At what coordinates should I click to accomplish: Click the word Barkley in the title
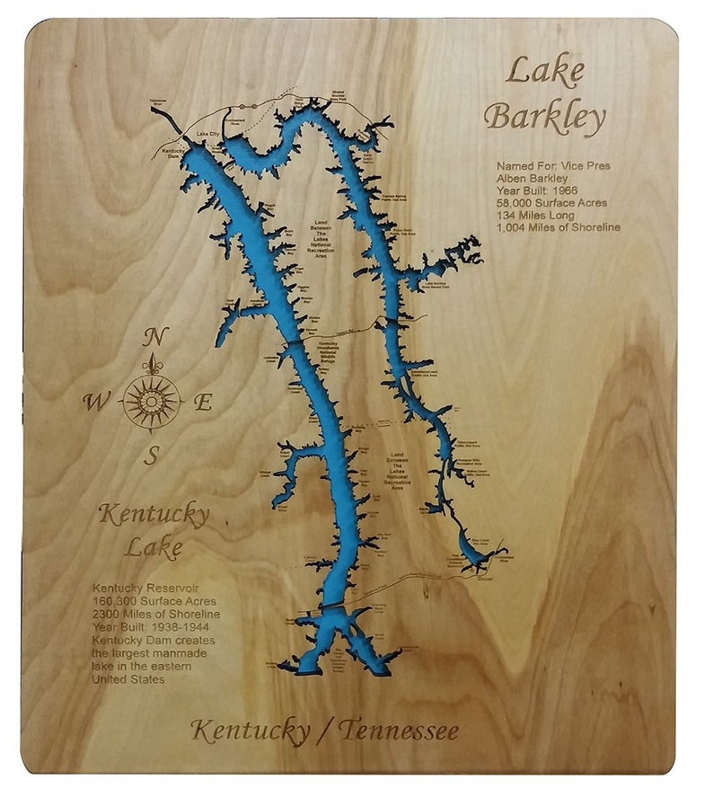click(546, 118)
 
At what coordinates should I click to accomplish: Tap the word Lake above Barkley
click(545, 71)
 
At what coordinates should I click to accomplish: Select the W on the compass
click(93, 402)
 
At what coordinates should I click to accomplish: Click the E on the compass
click(204, 403)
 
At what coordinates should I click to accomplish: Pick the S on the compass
click(153, 456)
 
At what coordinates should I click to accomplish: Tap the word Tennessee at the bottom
click(399, 731)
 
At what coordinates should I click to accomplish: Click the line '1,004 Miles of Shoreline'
click(558, 227)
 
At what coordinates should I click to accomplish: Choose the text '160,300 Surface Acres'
click(154, 601)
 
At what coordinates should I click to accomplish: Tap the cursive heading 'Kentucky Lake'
click(154, 530)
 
